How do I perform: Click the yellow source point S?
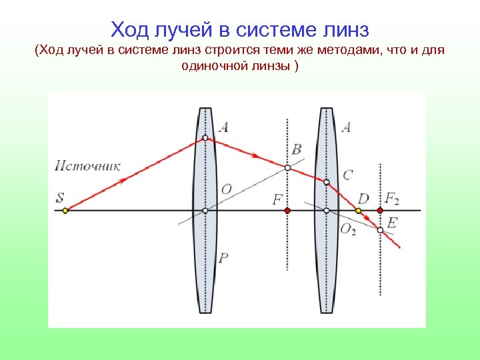tap(65, 211)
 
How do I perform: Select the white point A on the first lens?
tap(205, 138)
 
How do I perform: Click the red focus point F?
tap(287, 211)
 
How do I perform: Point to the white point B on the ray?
tap(287, 168)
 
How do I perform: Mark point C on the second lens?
tap(327, 181)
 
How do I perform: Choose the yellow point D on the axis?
tap(359, 211)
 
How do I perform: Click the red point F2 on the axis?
tap(380, 211)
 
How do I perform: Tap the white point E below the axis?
tap(380, 230)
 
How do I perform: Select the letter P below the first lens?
tap(224, 258)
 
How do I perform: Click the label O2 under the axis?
tap(348, 229)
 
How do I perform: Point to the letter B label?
tap(297, 149)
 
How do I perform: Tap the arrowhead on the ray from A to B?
tap(255, 156)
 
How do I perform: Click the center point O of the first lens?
tap(205, 211)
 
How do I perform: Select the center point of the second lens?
tap(327, 211)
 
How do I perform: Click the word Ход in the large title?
tap(132, 30)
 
